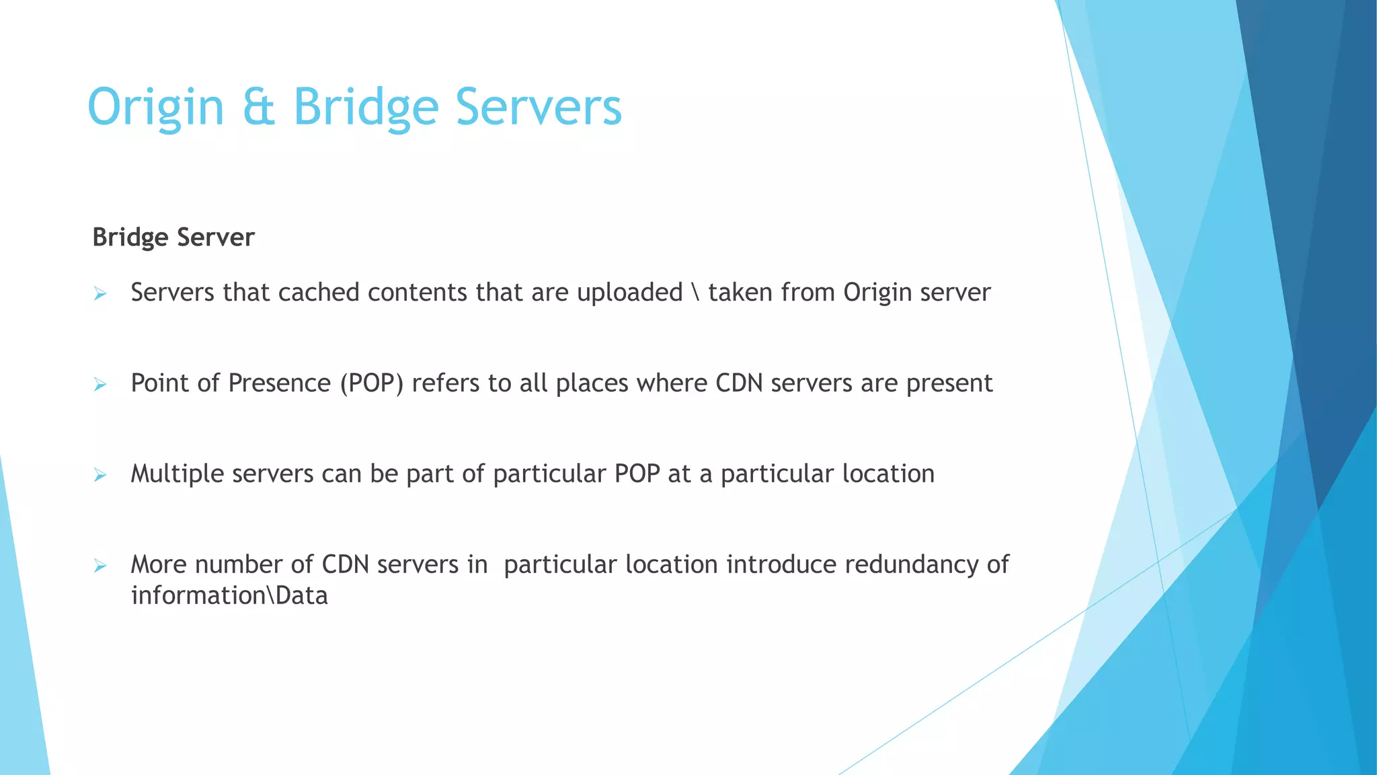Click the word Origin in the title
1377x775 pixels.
point(155,108)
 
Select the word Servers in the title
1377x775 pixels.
point(539,108)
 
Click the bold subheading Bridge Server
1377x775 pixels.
point(173,237)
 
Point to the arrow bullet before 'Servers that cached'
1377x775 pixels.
point(100,294)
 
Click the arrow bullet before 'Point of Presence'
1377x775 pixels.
point(100,385)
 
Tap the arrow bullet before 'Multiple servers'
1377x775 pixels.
point(100,476)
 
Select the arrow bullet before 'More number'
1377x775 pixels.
point(100,566)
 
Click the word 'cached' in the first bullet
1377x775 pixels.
point(319,293)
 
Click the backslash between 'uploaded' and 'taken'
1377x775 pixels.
point(695,293)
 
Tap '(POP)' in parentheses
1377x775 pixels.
point(371,383)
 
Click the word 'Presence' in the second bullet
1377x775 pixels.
point(279,383)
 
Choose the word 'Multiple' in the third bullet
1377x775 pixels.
point(178,474)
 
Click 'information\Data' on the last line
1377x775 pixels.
point(229,596)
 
